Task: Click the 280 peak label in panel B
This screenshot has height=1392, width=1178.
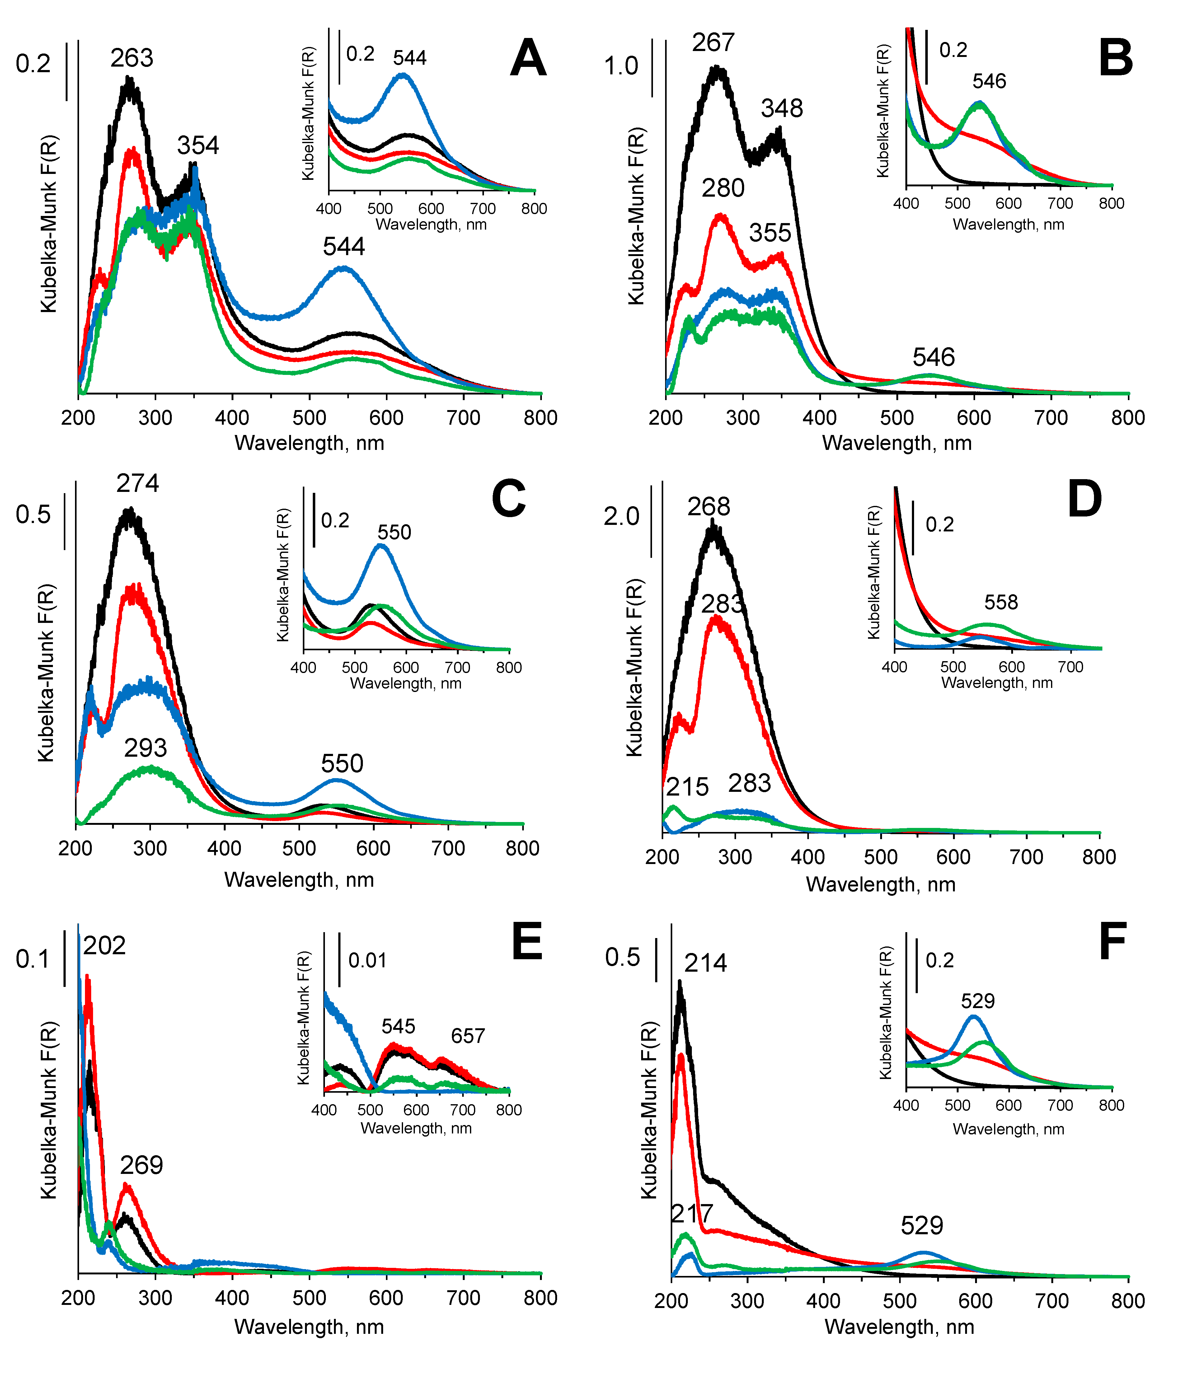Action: (723, 189)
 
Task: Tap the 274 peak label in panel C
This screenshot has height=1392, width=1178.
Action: (138, 483)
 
